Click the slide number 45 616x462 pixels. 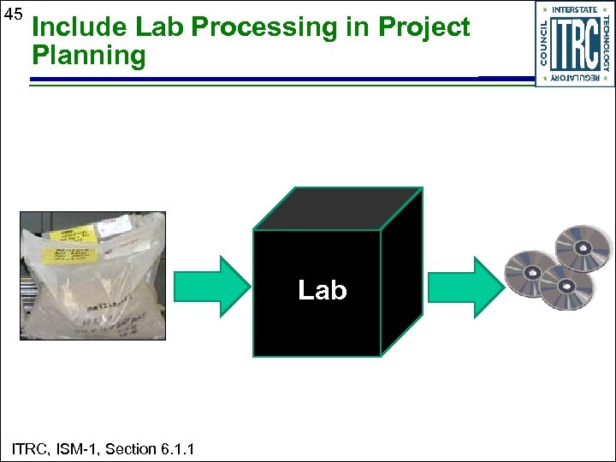coord(14,15)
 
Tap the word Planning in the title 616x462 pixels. coord(88,56)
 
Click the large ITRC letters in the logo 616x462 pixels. coord(574,44)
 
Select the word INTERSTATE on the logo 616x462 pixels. coord(574,9)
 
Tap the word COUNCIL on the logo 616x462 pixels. coord(544,44)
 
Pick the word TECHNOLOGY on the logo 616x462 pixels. coord(606,44)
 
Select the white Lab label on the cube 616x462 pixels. coord(322,291)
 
